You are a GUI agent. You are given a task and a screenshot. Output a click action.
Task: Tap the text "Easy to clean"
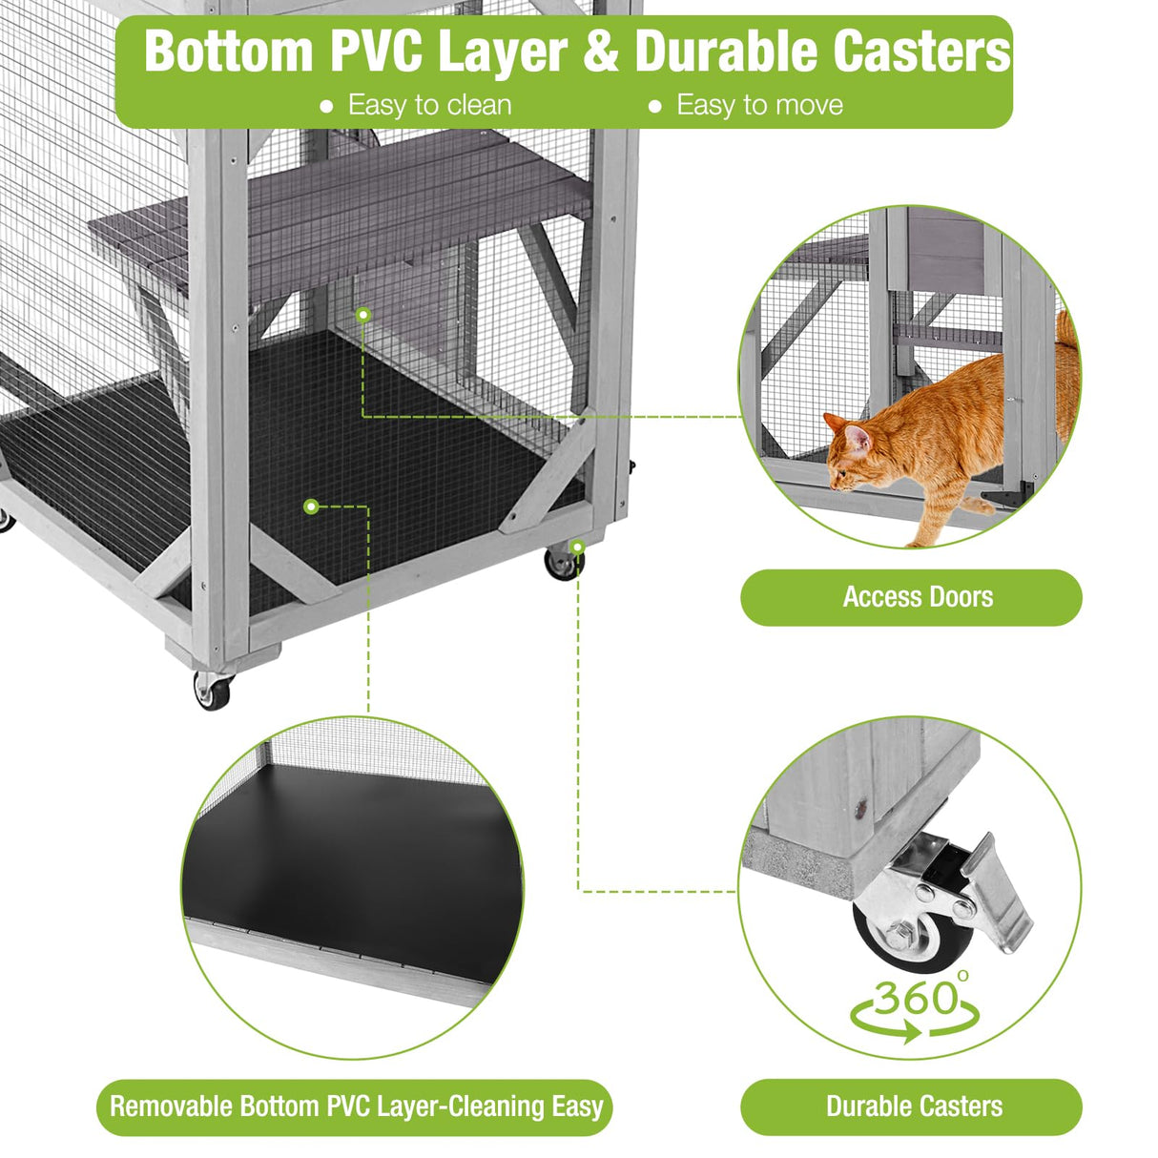tap(429, 105)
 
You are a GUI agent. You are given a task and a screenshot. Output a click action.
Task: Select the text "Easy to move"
tap(759, 105)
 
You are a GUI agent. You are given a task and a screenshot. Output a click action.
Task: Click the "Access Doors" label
tap(917, 597)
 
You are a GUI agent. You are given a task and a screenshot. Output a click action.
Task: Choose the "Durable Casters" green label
tap(914, 1106)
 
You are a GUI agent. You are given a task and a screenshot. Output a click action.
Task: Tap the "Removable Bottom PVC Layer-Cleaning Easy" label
tap(356, 1106)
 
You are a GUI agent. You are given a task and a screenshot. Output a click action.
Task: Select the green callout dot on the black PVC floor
tap(311, 506)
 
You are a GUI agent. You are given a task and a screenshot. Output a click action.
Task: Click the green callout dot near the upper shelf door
tap(362, 313)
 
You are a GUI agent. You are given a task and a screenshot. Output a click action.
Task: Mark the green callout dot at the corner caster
tap(577, 547)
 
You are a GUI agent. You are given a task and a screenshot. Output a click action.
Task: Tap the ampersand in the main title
tap(601, 52)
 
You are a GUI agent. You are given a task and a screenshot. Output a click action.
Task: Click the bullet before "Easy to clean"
tap(326, 107)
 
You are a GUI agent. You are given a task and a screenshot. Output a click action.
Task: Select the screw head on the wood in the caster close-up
tap(861, 808)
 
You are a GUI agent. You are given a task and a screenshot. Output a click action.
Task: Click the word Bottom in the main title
tap(229, 52)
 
